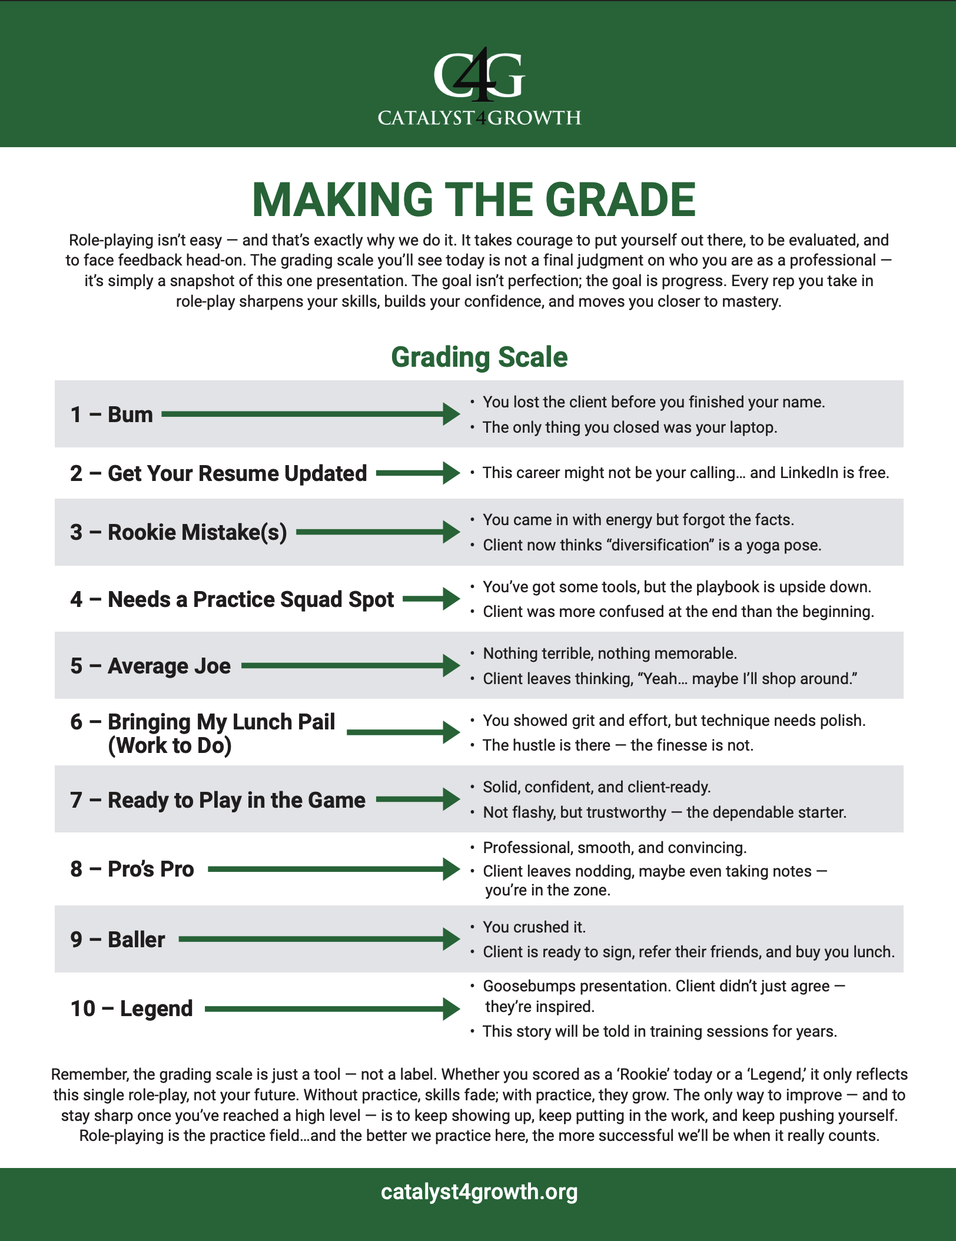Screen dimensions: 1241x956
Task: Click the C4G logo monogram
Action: click(479, 75)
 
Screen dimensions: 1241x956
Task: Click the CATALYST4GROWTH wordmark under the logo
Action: click(479, 118)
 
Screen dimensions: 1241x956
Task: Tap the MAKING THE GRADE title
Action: click(474, 200)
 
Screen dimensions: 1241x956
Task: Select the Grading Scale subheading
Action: click(479, 357)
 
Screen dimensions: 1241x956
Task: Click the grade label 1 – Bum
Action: click(111, 414)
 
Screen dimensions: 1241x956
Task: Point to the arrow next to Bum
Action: click(310, 414)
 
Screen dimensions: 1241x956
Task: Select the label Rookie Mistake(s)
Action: click(197, 532)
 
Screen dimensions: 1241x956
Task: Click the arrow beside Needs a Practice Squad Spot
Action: click(431, 599)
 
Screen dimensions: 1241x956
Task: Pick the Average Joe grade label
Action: click(151, 666)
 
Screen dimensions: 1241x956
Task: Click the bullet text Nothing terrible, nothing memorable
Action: click(609, 653)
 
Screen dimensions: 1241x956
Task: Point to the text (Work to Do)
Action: click(170, 746)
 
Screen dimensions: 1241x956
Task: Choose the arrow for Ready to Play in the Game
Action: click(417, 799)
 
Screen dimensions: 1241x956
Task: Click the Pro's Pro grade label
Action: click(132, 869)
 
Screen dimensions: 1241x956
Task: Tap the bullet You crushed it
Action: click(534, 927)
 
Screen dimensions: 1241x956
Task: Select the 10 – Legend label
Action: click(131, 1008)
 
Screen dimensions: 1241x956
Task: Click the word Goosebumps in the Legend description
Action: click(523, 986)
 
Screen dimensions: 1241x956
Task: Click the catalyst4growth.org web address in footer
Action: click(479, 1192)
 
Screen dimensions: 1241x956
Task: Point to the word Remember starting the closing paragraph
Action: click(88, 1074)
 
